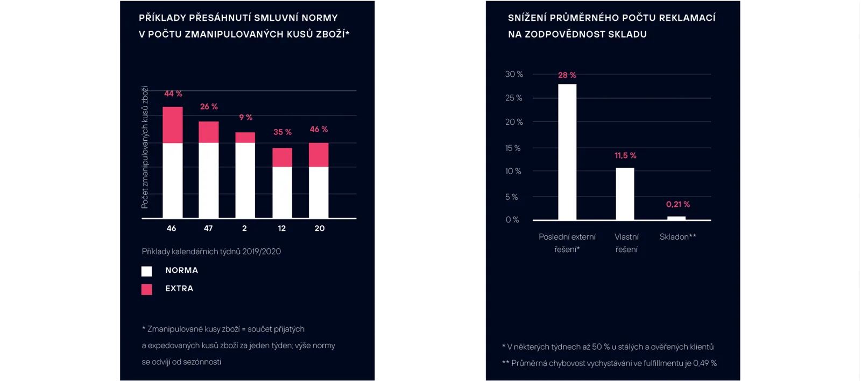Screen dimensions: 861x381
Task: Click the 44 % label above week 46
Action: (x=173, y=94)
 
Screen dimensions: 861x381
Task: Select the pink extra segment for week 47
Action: (x=209, y=132)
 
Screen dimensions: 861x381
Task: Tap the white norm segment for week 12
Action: (x=282, y=192)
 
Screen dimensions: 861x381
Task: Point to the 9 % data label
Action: (x=245, y=117)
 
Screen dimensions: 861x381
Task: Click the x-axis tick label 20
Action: (x=320, y=228)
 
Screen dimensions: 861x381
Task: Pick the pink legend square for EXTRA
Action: (x=146, y=289)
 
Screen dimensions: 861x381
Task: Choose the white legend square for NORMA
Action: (x=146, y=271)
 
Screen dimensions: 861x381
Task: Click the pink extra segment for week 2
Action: (x=245, y=138)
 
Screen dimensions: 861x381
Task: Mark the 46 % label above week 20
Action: (x=319, y=130)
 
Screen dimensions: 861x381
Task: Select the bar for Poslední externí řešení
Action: (x=567, y=152)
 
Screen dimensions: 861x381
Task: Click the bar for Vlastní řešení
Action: (x=625, y=194)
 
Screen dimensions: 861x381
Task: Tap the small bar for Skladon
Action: (x=676, y=218)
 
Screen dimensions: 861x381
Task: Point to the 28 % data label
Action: (x=567, y=75)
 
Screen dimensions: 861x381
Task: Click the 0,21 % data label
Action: (x=678, y=205)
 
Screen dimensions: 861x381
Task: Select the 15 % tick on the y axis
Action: (x=513, y=148)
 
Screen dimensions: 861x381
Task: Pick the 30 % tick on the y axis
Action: (x=514, y=74)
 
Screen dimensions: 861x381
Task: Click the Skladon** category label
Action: (x=678, y=237)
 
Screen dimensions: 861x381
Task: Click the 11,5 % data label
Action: (x=625, y=155)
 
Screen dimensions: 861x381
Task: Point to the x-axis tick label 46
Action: (x=172, y=228)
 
